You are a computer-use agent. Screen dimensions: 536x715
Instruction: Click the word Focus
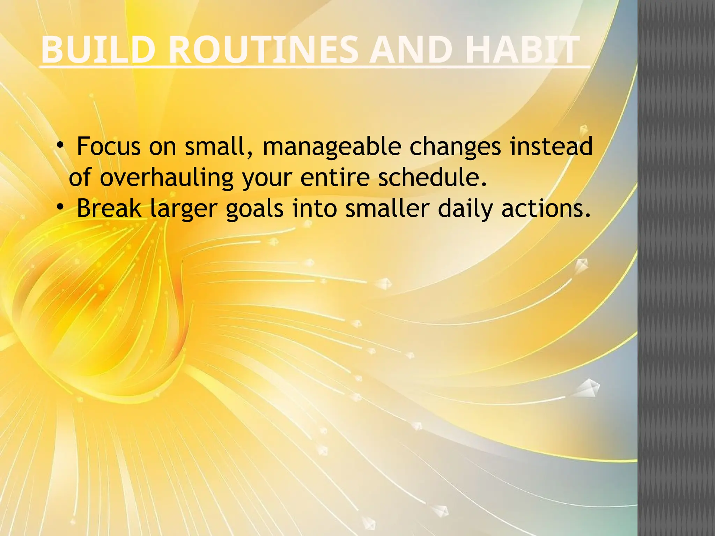tap(109, 146)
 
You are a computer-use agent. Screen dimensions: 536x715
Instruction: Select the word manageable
tap(332, 146)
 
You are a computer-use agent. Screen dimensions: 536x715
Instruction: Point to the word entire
tap(335, 177)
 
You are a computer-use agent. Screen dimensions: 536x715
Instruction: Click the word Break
tap(109, 208)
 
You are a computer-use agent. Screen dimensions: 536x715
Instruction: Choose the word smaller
tap(387, 208)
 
